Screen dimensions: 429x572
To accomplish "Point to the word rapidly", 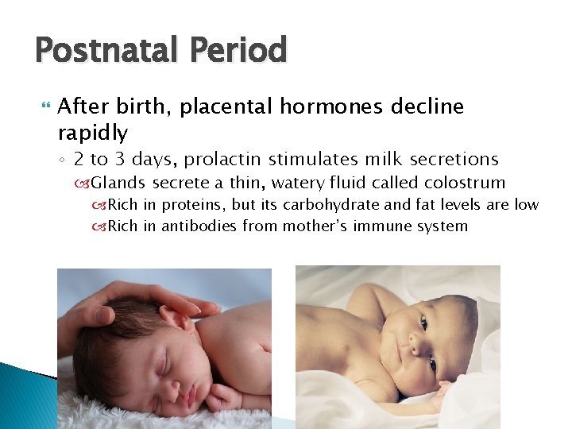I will point(93,130).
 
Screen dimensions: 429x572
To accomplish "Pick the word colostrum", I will point(464,183).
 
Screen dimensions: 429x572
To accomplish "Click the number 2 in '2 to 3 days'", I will point(78,159).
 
